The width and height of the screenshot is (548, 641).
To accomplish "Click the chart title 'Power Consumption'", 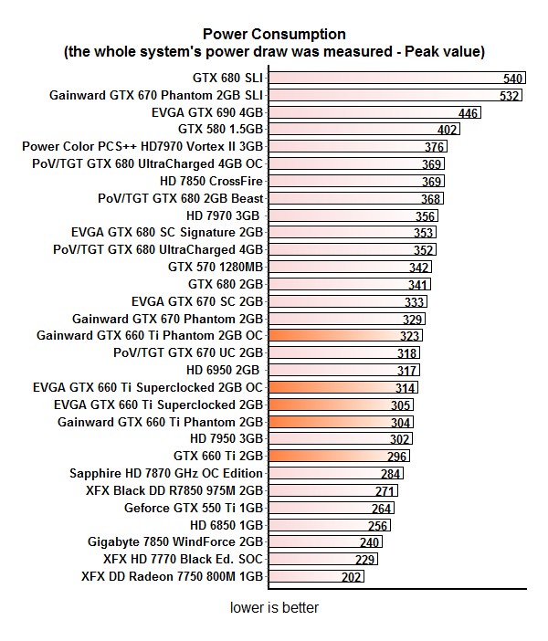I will (274, 35).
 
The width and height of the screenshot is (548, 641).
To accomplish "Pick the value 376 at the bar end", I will (435, 147).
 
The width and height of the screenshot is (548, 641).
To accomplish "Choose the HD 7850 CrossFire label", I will (211, 181).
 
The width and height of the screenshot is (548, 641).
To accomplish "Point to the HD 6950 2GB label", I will (224, 370).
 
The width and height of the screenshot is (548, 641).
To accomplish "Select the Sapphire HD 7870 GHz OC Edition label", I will (166, 473).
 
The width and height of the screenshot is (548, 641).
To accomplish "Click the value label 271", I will (385, 491).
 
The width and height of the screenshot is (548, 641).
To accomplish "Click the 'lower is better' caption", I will (274, 607).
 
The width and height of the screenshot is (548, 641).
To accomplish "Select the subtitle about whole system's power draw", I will (274, 52).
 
